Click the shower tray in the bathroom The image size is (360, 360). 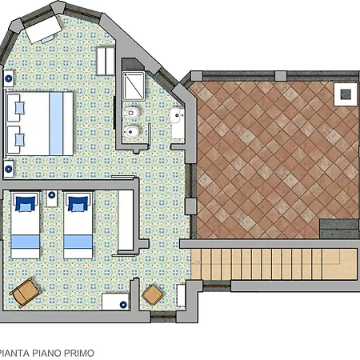pos(134,86)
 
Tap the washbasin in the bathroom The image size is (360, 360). pos(177,116)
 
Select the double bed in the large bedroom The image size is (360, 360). pos(39,124)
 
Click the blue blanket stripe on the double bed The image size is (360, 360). pos(56,124)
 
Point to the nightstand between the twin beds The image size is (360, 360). pos(52,198)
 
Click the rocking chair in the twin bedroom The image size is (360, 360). pos(25,292)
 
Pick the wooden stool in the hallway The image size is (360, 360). pos(153,294)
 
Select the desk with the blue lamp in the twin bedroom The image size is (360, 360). pos(115,302)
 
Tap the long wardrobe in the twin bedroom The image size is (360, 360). pos(126,220)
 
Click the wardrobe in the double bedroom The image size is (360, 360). pos(106,61)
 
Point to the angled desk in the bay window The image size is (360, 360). pos(43,30)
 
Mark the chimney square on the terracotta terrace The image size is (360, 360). pos(346,94)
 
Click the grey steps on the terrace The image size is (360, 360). pos(339,229)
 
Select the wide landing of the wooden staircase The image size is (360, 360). pos(339,264)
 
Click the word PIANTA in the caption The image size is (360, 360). pos(14,353)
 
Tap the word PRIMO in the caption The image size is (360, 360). pos(79,353)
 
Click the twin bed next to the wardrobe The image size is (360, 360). pos(78,225)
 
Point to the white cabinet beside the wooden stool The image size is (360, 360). pos(181,295)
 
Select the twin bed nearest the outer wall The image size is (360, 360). pos(26,225)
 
